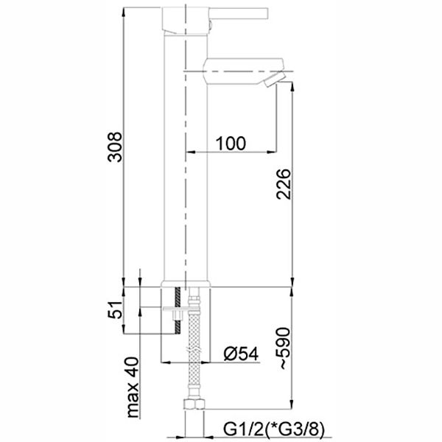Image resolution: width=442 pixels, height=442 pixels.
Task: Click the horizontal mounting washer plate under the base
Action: pyautogui.click(x=177, y=316)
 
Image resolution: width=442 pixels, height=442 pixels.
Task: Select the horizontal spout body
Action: pyautogui.click(x=236, y=72)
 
